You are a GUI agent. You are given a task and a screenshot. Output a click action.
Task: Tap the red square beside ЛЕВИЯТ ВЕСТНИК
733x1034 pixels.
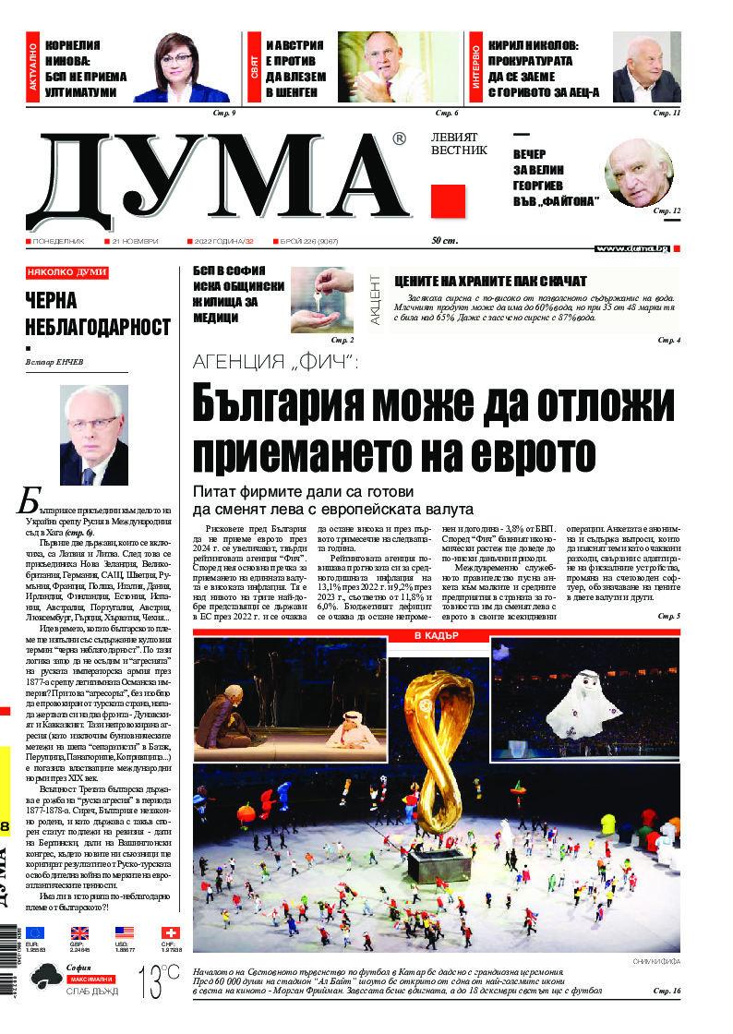click(448, 201)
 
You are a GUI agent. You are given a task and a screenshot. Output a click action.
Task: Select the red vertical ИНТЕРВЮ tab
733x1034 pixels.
click(475, 68)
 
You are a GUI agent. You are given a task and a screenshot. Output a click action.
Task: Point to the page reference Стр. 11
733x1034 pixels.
click(667, 113)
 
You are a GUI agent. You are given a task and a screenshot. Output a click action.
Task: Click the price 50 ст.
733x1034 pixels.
click(446, 241)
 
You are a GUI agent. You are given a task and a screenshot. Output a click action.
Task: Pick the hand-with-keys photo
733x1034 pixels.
click(321, 300)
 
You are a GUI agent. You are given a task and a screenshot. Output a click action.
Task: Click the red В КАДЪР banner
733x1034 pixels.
click(436, 637)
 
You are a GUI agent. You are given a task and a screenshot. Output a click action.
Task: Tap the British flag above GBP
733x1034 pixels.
click(80, 933)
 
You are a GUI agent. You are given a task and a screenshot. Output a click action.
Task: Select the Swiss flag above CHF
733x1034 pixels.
click(171, 933)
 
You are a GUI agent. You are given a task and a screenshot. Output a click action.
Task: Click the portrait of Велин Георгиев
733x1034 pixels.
click(639, 173)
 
